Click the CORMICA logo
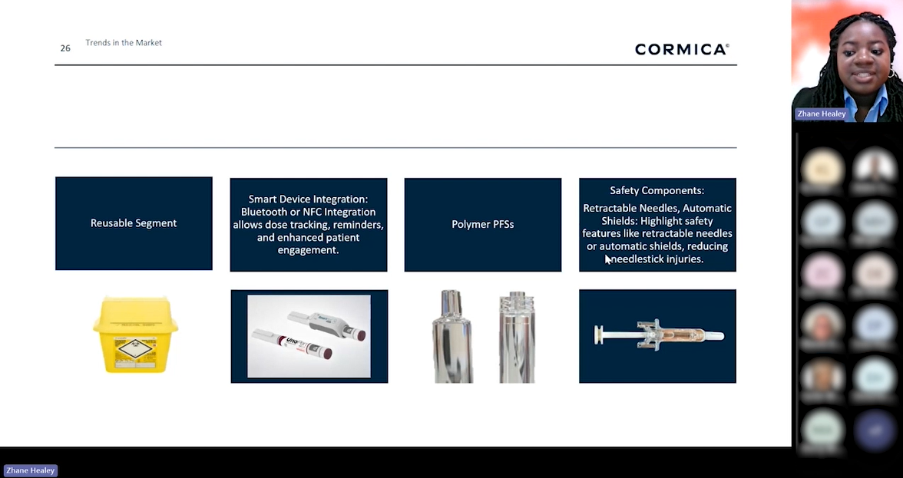[x=681, y=49]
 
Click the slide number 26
[x=65, y=48]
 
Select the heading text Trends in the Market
[x=124, y=43]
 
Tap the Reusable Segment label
[x=134, y=223]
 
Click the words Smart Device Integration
[x=307, y=199]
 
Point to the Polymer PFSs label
[x=482, y=225]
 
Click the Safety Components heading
[x=657, y=190]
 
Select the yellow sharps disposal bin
[x=135, y=335]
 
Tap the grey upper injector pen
[x=326, y=323]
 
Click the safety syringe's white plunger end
[x=598, y=335]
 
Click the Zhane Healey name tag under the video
[x=821, y=114]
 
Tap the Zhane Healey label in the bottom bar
[x=31, y=470]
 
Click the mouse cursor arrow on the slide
[x=608, y=259]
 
